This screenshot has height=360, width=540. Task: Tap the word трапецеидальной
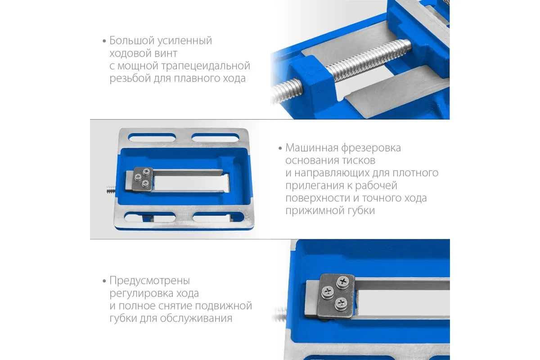206,66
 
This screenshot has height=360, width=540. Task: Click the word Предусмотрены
150,281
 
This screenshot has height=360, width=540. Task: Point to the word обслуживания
196,319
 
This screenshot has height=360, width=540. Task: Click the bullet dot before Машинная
280,148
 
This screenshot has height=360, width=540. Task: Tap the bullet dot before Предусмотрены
104,281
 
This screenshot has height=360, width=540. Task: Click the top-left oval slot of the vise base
152,138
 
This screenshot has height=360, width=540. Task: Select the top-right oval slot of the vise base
215,138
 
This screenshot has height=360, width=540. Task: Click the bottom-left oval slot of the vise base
150,217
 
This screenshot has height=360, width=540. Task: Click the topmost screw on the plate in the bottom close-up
343,281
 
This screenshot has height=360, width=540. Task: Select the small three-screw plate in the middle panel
143,179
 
